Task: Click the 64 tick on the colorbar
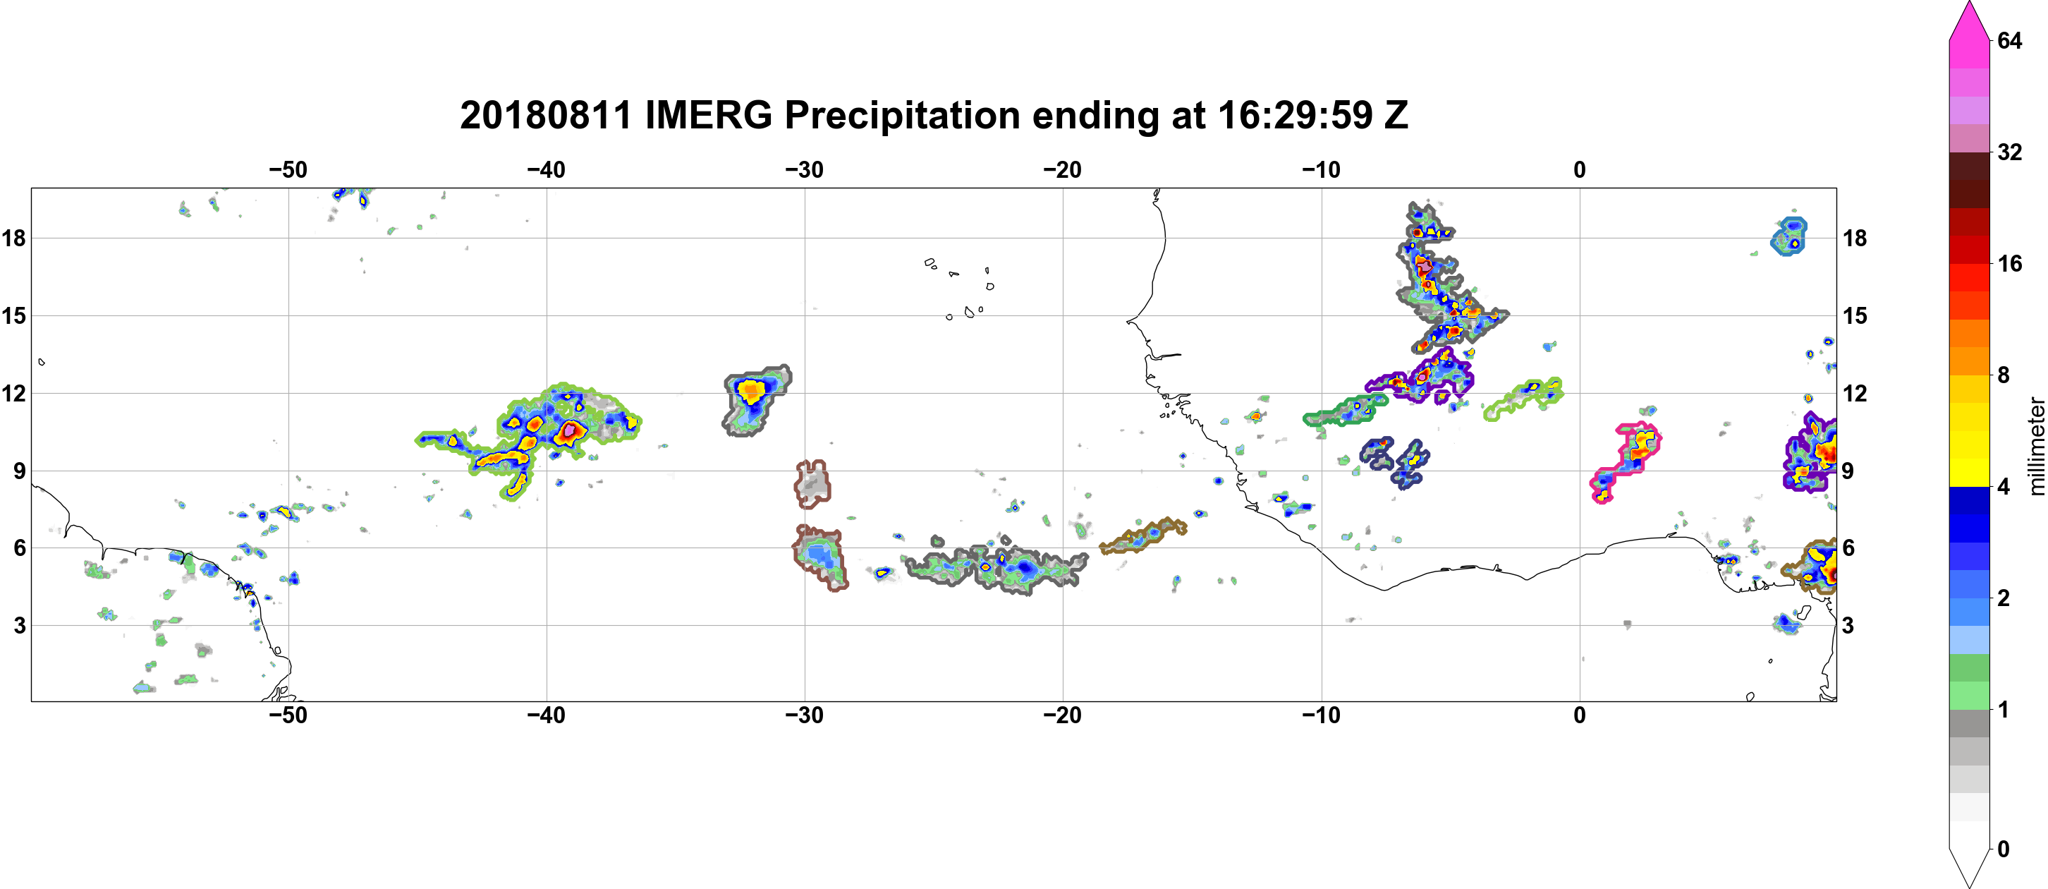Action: tap(2010, 40)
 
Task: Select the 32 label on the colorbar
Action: tap(2010, 152)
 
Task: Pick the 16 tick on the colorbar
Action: tap(2010, 263)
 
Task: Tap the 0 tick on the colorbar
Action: tap(2004, 849)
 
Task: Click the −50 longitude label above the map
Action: tap(288, 169)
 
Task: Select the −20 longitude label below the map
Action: tap(1063, 715)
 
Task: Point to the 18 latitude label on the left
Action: tap(13, 238)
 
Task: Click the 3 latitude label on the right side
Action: tap(1848, 626)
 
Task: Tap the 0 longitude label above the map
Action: tap(1580, 169)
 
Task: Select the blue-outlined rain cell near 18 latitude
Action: tap(1788, 236)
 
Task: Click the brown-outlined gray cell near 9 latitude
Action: tap(812, 483)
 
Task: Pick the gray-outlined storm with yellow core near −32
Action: tap(755, 399)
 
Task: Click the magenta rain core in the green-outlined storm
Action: tap(569, 431)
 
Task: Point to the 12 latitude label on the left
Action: tap(13, 393)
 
